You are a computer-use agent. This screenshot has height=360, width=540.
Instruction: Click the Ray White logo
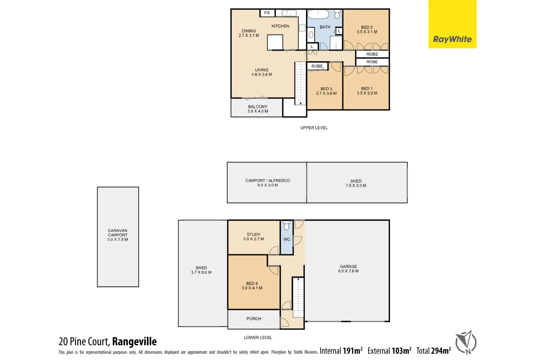[452, 39]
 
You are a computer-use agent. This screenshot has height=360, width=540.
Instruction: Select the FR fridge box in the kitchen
[267, 13]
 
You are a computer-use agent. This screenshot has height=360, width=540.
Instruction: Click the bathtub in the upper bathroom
[318, 14]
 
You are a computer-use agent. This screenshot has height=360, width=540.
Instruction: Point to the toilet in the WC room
[287, 226]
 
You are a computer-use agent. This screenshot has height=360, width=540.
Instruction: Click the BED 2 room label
[367, 30]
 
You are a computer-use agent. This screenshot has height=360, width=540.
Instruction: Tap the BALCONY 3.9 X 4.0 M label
[258, 109]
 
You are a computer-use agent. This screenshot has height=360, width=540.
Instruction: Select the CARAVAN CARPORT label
[118, 235]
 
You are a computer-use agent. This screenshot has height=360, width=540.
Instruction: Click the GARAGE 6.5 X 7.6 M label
[348, 269]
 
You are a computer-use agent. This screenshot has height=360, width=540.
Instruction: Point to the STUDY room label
[254, 236]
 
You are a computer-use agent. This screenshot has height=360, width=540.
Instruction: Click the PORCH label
[254, 319]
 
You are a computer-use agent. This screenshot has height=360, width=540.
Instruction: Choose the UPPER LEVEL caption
[314, 128]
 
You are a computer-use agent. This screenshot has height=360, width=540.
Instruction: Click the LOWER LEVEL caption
[258, 337]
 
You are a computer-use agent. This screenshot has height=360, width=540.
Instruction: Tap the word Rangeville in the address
[134, 342]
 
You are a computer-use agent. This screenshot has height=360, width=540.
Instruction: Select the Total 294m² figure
[433, 351]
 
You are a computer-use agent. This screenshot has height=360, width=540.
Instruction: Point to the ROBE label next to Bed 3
[317, 66]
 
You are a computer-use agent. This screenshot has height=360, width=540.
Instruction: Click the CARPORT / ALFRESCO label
[268, 183]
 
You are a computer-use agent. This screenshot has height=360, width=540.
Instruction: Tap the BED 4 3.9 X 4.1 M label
[252, 286]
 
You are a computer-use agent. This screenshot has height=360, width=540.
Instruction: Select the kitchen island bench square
[275, 42]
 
